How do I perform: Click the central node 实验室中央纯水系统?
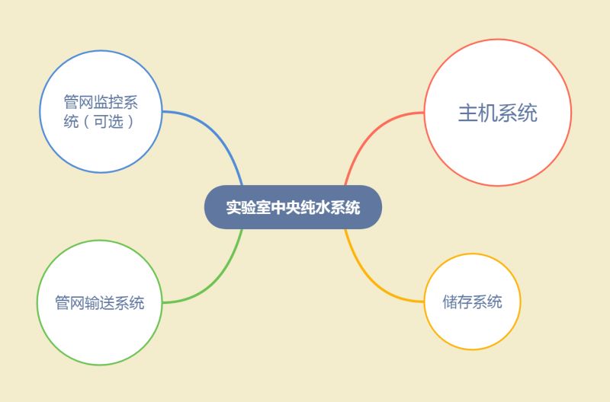pos(293,207)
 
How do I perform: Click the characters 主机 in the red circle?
pos(478,113)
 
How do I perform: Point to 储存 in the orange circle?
pos(457,301)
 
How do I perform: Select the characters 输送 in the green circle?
pos(100,303)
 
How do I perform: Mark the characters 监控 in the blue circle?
pos(108,102)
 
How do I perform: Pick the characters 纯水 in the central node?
pos(315,207)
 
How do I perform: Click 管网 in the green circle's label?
pos(70,303)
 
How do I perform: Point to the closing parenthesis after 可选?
pos(130,122)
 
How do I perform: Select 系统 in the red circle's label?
pos(518,113)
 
